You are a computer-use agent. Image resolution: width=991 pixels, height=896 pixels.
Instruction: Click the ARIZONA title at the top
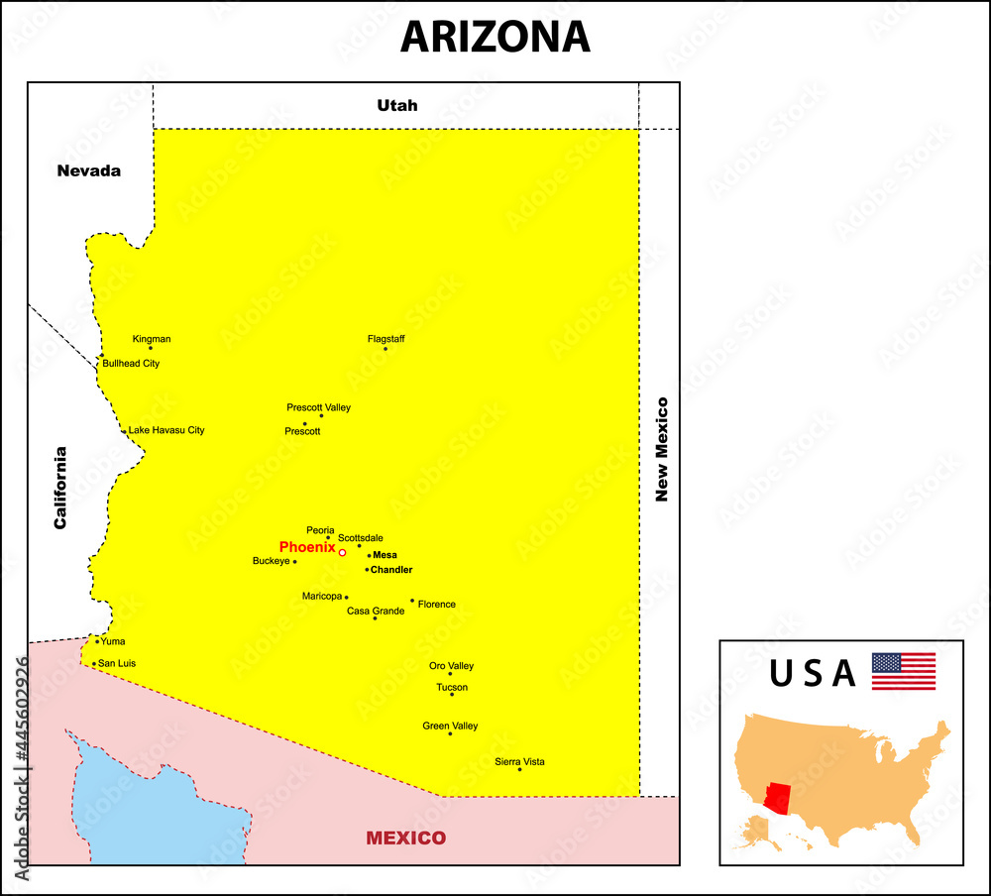pos(495,37)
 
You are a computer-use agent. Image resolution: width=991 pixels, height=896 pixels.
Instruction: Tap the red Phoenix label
pos(307,547)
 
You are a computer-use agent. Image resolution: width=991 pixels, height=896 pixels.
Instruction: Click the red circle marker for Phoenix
pos(342,552)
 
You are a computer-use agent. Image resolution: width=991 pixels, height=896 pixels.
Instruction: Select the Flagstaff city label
pos(385,339)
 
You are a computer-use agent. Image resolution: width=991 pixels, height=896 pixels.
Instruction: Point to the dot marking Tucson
pos(452,694)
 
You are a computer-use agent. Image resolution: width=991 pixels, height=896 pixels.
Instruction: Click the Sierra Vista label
pos(519,761)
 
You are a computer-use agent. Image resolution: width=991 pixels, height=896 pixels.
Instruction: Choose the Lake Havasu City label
pos(166,430)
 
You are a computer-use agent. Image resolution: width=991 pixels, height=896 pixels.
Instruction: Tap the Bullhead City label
pos(131,364)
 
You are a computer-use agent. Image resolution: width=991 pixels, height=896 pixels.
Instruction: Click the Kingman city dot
pos(151,348)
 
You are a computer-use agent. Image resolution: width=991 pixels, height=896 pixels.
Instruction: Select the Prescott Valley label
pos(318,407)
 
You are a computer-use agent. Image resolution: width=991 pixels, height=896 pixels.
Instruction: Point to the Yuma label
pos(113,641)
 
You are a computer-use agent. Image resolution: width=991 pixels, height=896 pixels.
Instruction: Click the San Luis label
pos(117,663)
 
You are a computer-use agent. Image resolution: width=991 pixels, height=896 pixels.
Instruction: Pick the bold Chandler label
pos(391,570)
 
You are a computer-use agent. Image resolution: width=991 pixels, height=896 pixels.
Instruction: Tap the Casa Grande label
pos(376,611)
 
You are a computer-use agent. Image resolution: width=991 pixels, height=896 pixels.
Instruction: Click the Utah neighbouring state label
pos(397,105)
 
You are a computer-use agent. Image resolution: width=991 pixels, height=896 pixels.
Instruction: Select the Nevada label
pos(89,170)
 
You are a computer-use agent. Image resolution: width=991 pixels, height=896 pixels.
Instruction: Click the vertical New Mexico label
pos(662,449)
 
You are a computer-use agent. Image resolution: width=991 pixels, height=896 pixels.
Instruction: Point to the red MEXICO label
pos(406,838)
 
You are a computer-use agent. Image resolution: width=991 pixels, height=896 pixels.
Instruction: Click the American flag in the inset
pos(904,671)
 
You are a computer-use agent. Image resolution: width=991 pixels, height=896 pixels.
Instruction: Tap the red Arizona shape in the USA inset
pos(779,797)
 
